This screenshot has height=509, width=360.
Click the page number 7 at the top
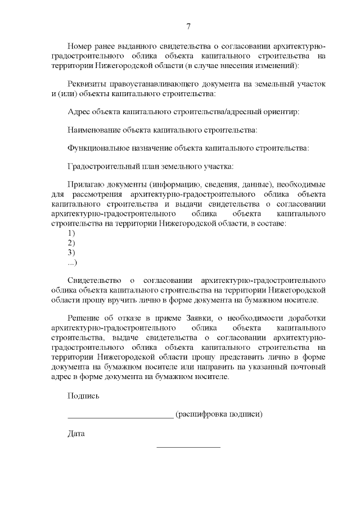(x=188, y=26)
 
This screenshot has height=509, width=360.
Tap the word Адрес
(x=78, y=111)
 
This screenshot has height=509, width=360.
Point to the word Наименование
(x=93, y=130)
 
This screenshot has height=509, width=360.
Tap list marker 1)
(x=71, y=233)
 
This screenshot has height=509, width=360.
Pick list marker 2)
(x=71, y=242)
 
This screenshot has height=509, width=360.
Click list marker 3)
(x=71, y=252)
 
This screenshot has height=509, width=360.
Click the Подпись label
(x=83, y=396)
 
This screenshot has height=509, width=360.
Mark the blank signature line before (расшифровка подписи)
(x=120, y=417)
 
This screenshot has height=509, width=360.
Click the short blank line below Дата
(x=188, y=447)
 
